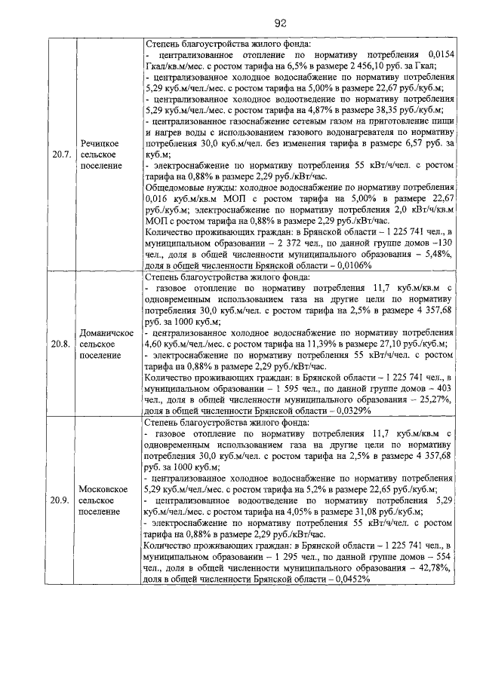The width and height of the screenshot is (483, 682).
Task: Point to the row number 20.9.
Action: [x=60, y=499]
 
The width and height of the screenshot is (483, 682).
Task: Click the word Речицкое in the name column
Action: [x=102, y=142]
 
